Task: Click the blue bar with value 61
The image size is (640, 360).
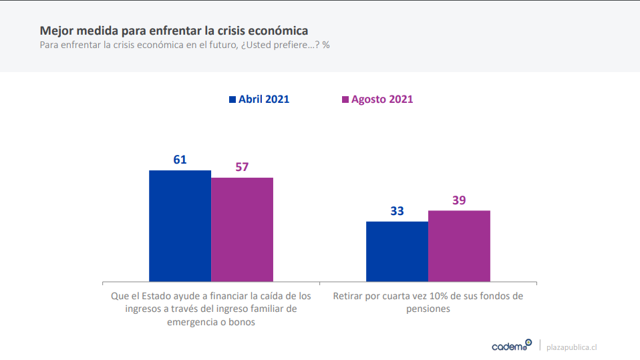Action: pos(180,226)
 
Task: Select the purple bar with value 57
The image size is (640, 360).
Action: pos(242,229)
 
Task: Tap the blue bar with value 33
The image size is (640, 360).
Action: pos(397,251)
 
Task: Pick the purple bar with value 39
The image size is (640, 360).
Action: pos(459,246)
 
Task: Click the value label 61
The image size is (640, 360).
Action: pos(180,160)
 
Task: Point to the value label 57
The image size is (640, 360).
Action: pos(242,167)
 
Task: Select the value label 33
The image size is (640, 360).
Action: pos(397,211)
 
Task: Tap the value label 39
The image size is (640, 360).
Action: pos(459,200)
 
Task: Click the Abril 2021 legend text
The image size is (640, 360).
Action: pos(264,99)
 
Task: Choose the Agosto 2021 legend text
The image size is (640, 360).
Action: pos(382,99)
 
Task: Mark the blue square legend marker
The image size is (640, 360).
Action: pos(232,100)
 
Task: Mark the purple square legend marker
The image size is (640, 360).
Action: pos(345,100)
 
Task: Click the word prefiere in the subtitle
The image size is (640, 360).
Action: pos(289,45)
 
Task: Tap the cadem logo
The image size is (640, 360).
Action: pos(511,346)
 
